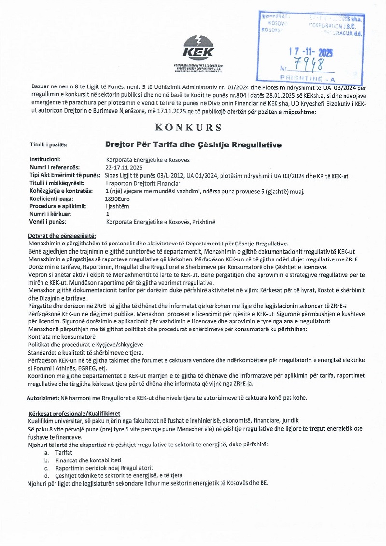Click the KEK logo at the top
(x=198, y=48)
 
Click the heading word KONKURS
(x=188, y=128)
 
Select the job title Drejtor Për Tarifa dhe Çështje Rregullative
(x=193, y=144)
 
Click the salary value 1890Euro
(x=118, y=199)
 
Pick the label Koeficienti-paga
(x=52, y=199)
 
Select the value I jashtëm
(x=118, y=206)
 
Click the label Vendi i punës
(x=48, y=222)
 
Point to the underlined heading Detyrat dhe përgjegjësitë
(x=62, y=236)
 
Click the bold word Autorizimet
(x=42, y=398)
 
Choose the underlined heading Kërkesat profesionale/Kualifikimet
(x=74, y=414)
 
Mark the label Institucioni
(x=48, y=159)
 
